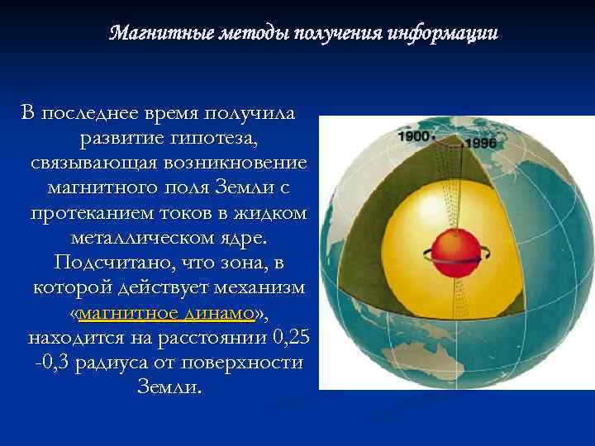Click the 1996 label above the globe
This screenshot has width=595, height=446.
pos(483,142)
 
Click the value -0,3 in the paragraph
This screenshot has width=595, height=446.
pos(54,363)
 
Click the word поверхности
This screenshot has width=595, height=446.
pos(249,363)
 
